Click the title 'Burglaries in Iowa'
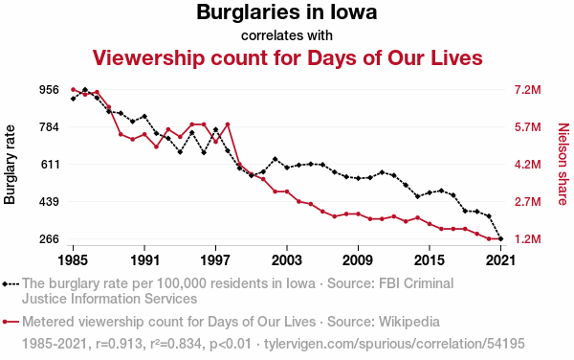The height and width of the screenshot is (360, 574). pyautogui.click(x=287, y=11)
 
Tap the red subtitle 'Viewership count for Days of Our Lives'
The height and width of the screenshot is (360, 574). pyautogui.click(x=287, y=57)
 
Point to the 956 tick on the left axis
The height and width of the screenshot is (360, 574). pyautogui.click(x=49, y=90)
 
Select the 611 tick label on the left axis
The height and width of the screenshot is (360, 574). pyautogui.click(x=49, y=165)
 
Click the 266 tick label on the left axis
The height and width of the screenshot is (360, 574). pyautogui.click(x=49, y=239)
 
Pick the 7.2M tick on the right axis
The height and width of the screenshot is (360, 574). pyautogui.click(x=527, y=90)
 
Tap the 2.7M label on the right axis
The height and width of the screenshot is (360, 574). pyautogui.click(x=527, y=202)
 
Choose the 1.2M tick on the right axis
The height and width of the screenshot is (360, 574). pyautogui.click(x=527, y=239)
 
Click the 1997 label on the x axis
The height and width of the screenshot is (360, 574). pyautogui.click(x=215, y=260)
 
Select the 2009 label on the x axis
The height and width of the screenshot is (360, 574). pyautogui.click(x=358, y=260)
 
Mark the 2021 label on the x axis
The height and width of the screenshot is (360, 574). pyautogui.click(x=500, y=260)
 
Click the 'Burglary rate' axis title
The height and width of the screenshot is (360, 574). pyautogui.click(x=10, y=165)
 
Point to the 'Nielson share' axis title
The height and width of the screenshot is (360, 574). pyautogui.click(x=563, y=164)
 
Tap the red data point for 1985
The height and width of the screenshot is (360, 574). pyautogui.click(x=74, y=89)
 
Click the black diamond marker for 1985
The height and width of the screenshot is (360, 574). pyautogui.click(x=74, y=99)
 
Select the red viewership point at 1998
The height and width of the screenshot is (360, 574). pyautogui.click(x=228, y=124)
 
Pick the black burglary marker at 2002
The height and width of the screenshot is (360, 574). pyautogui.click(x=275, y=159)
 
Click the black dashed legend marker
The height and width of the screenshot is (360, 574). pyautogui.click(x=11, y=283)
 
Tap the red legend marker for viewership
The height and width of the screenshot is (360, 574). pyautogui.click(x=11, y=322)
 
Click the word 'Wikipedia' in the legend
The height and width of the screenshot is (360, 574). pyautogui.click(x=409, y=322)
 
